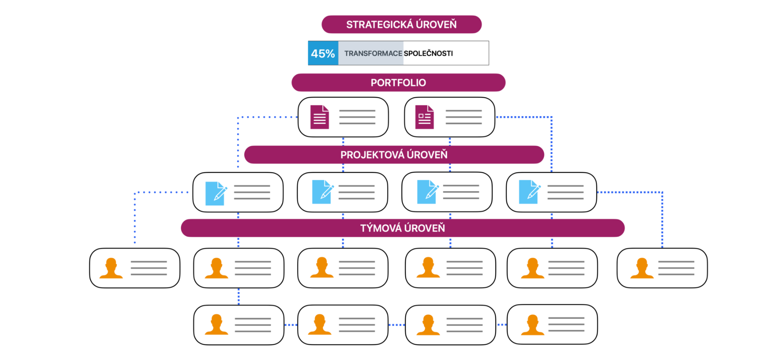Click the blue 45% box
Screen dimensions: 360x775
pyautogui.click(x=323, y=53)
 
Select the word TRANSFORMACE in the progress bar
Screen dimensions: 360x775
pyautogui.click(x=373, y=53)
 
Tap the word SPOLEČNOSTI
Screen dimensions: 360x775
pyautogui.click(x=428, y=53)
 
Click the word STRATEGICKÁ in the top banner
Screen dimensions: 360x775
pyautogui.click(x=379, y=25)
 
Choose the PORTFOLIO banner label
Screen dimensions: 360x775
pyautogui.click(x=398, y=83)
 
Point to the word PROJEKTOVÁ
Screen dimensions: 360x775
pyautogui.click(x=372, y=155)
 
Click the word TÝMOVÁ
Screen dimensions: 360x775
pyautogui.click(x=380, y=228)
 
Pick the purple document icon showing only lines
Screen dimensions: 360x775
pyautogui.click(x=320, y=117)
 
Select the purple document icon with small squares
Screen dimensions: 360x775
pyautogui.click(x=425, y=117)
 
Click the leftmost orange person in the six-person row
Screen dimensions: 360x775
pyautogui.click(x=111, y=268)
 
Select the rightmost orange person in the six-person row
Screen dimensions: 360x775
pyautogui.click(x=642, y=268)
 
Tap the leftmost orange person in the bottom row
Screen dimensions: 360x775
pyautogui.click(x=216, y=325)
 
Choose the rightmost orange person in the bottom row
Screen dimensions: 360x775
pyautogui.click(x=532, y=325)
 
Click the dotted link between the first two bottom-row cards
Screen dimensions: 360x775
pyautogui.click(x=291, y=325)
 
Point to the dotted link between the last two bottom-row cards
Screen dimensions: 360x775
pyautogui.click(x=501, y=324)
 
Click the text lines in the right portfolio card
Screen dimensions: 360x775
pyautogui.click(x=464, y=117)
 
